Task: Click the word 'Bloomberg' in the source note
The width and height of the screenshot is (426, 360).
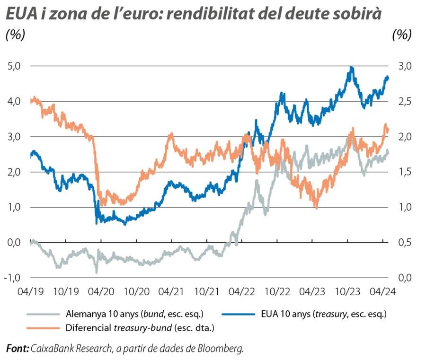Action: [223, 349]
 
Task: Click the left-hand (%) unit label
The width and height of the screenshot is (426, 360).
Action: [15, 35]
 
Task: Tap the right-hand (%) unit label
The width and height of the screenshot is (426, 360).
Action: [402, 35]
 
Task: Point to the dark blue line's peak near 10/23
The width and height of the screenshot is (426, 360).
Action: [351, 68]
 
